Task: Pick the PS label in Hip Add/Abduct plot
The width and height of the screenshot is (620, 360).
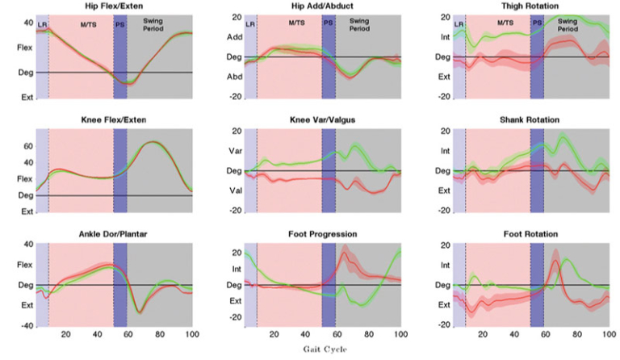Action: [x=329, y=24]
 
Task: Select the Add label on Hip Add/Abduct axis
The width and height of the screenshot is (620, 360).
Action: [x=234, y=38]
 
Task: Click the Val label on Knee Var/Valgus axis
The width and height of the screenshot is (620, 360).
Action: [x=234, y=191]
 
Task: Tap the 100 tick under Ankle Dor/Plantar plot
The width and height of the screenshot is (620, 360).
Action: [x=191, y=333]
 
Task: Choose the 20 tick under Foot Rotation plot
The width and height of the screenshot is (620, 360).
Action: [x=483, y=333]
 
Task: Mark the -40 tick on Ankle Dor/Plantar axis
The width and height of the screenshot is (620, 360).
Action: [x=24, y=325]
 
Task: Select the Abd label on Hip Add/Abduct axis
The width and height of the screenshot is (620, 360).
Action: [x=234, y=77]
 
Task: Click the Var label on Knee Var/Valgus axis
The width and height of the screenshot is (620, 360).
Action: [x=234, y=151]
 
